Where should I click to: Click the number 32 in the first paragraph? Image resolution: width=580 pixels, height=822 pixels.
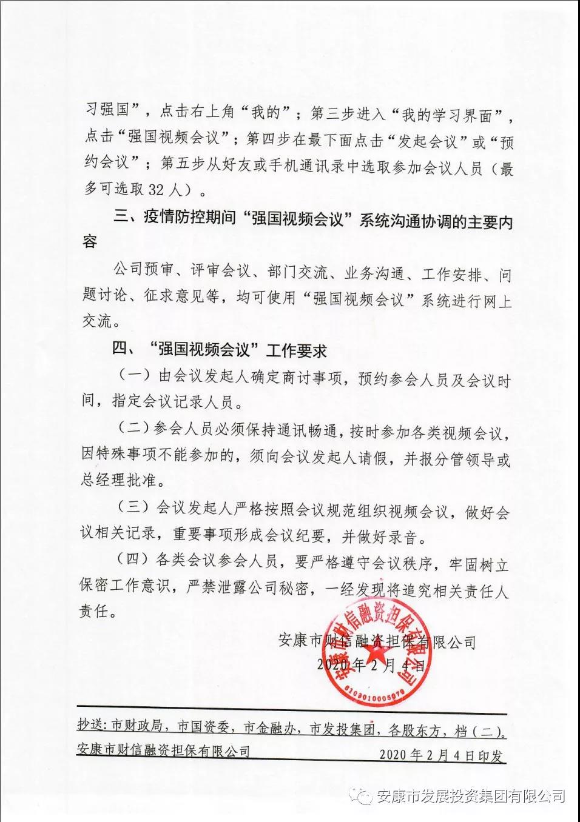tap(157, 190)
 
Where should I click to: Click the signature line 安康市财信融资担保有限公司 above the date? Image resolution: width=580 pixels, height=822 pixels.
tap(377, 641)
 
